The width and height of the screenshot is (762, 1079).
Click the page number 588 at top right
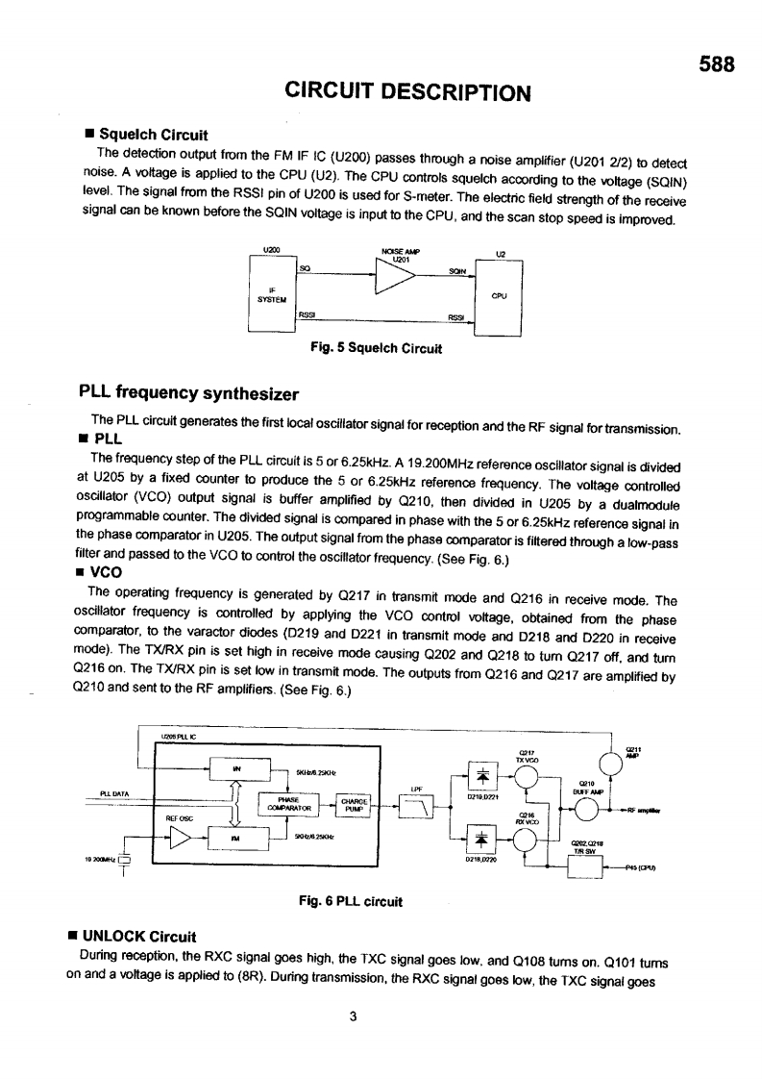[716, 65]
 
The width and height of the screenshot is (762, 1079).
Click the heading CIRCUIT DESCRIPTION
[408, 92]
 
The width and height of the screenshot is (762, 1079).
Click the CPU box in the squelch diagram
[499, 297]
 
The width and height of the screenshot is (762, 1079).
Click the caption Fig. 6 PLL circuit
[349, 901]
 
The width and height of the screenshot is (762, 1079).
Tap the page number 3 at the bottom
[354, 1019]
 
